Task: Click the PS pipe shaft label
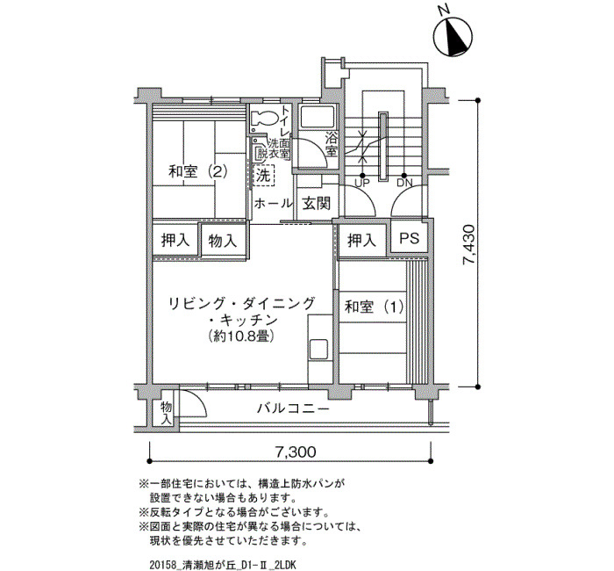tap(410, 238)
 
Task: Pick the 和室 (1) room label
tap(374, 307)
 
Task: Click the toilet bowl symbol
tap(263, 117)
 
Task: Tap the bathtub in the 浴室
tap(318, 117)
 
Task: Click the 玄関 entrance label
tap(317, 204)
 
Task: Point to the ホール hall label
tap(273, 204)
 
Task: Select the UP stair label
tap(361, 183)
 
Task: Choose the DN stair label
tap(404, 183)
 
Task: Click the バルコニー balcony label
tap(293, 409)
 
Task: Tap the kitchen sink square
tap(318, 349)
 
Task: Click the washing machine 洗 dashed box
tap(263, 176)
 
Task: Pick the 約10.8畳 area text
tap(240, 336)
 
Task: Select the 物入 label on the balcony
tap(167, 413)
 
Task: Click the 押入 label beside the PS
tap(362, 240)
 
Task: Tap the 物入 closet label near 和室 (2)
tap(223, 241)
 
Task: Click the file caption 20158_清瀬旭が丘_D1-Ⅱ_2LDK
tap(223, 565)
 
